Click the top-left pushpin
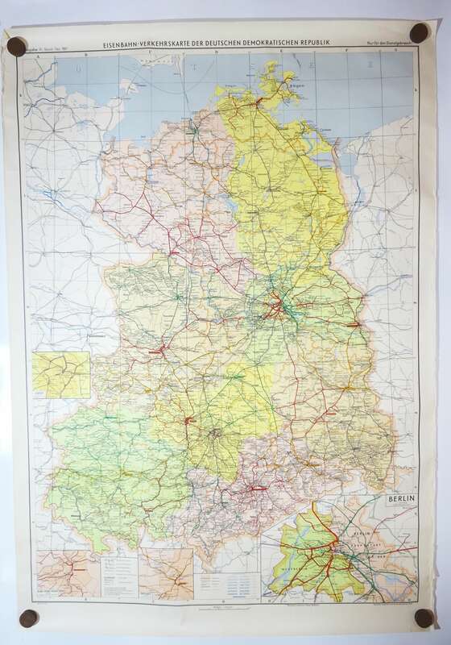point(15,46)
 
